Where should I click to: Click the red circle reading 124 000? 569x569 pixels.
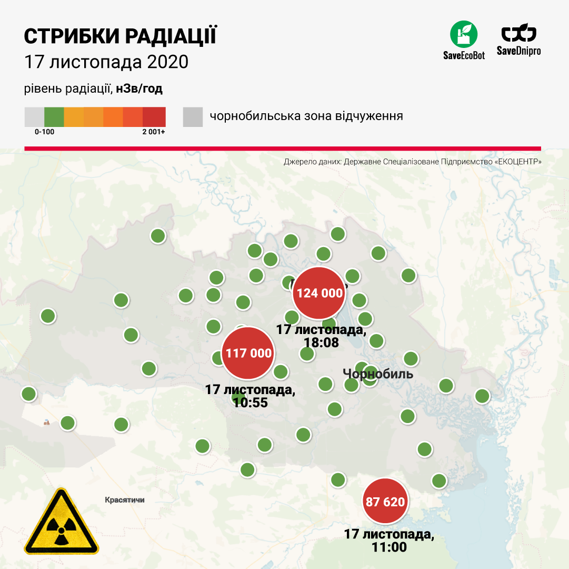pos(319,293)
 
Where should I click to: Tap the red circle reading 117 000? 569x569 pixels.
pos(249,353)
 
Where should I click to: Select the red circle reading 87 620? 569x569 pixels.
pos(385,502)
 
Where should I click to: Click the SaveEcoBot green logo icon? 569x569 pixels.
pos(463,34)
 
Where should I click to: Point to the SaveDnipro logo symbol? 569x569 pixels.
pos(518,34)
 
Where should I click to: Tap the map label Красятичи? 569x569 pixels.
pos(124,500)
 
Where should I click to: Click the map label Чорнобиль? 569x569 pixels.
pos(378,374)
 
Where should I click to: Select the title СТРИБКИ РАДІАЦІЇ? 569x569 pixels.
pos(120,36)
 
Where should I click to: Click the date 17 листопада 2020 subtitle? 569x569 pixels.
pos(106,62)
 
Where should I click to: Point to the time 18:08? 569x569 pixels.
pos(321,342)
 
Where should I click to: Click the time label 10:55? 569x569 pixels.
pos(250,403)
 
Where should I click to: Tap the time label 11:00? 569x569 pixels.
pos(389,547)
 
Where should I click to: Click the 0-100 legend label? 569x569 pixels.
pos(44,132)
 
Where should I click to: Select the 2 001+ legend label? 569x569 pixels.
pos(153,132)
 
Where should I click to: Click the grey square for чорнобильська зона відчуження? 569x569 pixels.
pos(193,116)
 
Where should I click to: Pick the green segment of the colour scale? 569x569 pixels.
pos(54,116)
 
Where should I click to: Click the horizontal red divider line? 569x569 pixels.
pos(283,149)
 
